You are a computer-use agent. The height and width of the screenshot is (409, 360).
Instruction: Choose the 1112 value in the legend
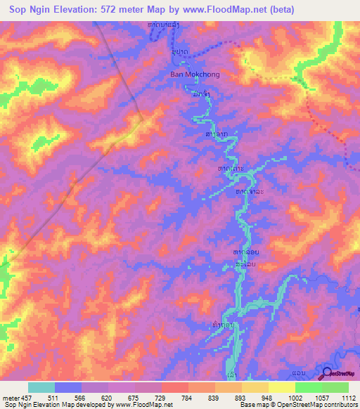347,398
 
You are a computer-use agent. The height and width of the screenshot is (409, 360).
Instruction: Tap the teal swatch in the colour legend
41,387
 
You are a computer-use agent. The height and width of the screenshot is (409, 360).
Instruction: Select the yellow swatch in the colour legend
281,387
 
